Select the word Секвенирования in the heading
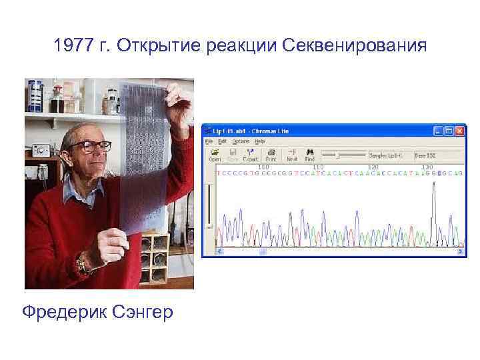pos(354,47)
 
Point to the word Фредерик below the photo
pos(63,311)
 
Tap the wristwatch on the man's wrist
pos(83,265)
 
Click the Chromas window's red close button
pos(459,131)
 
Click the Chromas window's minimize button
pos(438,131)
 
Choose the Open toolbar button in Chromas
pos(215,156)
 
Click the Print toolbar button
pos(271,156)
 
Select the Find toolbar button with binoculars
pos(309,156)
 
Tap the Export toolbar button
pos(251,156)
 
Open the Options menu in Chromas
pos(241,141)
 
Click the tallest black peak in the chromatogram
pos(434,193)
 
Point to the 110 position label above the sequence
pos(319,167)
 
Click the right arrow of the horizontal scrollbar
pos(459,252)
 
